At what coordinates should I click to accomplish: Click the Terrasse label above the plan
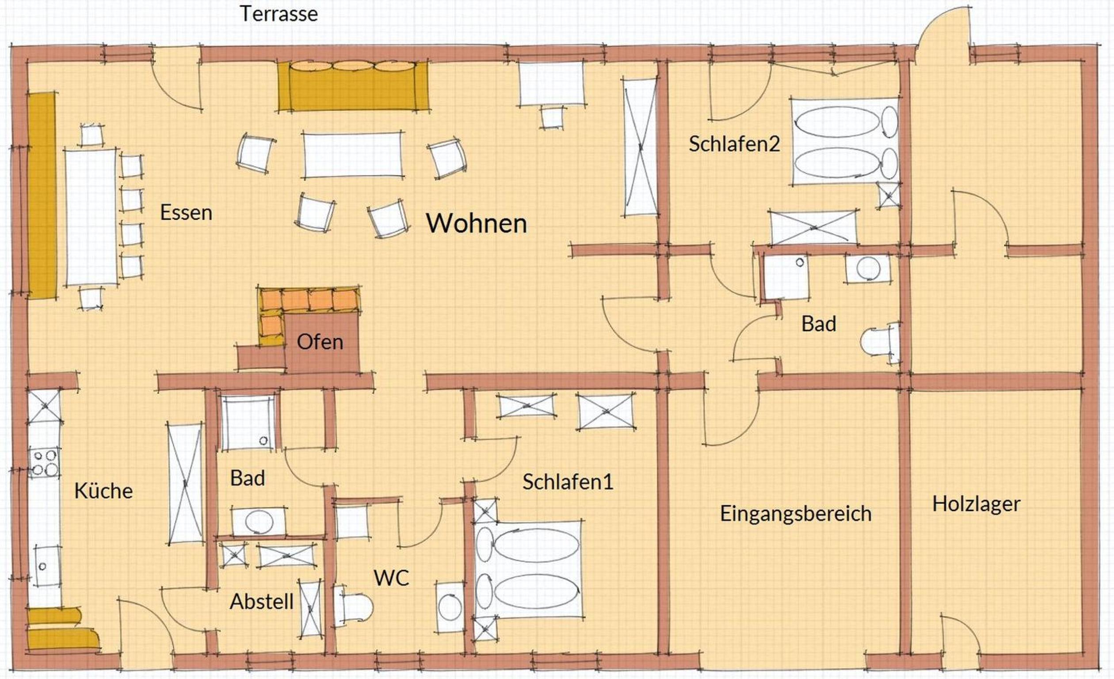(278, 14)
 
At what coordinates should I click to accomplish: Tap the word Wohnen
(477, 223)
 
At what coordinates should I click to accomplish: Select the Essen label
(186, 213)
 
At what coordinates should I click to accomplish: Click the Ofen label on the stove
(320, 342)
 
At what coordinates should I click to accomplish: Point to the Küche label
(103, 491)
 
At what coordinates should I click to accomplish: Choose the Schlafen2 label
(734, 144)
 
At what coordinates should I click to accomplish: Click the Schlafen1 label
(568, 482)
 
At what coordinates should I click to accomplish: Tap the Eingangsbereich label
(796, 514)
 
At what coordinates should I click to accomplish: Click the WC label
(392, 578)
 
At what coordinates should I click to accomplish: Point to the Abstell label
(262, 602)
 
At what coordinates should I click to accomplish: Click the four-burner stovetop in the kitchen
(44, 463)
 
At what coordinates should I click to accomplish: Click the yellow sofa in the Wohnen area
(353, 86)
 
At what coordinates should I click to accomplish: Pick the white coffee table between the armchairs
(352, 155)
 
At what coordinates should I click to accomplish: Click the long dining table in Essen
(92, 217)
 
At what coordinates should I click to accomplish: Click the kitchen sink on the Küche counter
(45, 565)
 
